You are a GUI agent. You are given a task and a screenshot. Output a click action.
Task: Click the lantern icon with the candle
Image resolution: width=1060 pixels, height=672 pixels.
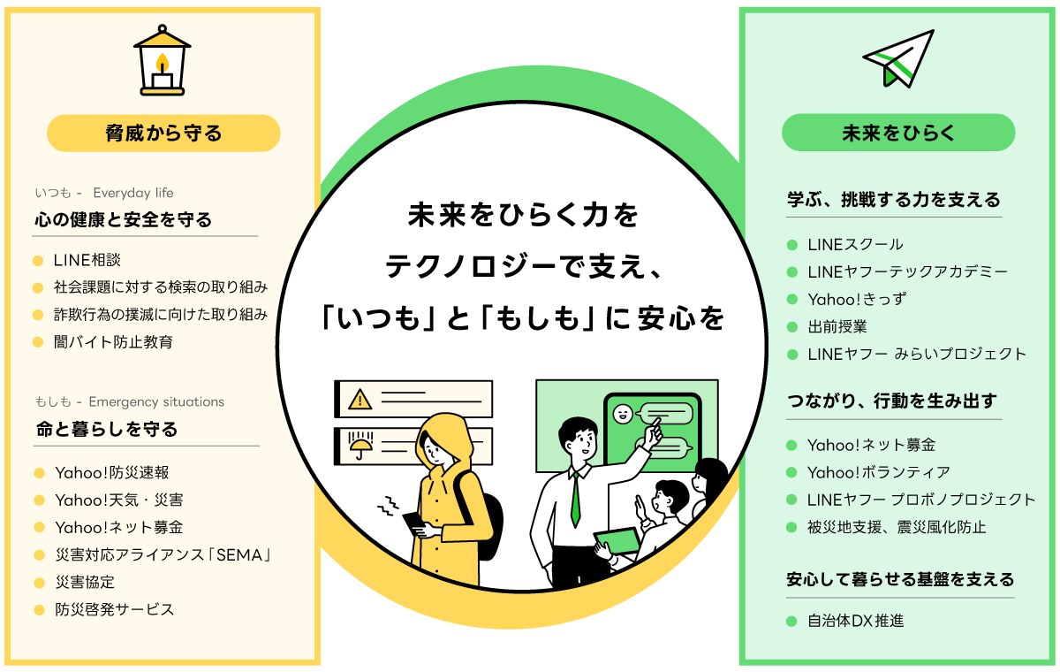coord(163,59)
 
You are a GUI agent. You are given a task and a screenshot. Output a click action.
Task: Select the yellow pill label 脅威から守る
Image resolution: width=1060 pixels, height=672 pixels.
coord(163,134)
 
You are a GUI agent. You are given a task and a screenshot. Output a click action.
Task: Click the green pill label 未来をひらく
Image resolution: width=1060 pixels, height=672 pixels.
coord(898,133)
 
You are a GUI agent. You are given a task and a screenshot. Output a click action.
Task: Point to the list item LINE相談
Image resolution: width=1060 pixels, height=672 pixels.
coord(87,260)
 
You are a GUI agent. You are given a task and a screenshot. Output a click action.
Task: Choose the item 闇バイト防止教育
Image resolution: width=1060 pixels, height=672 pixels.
coord(113,341)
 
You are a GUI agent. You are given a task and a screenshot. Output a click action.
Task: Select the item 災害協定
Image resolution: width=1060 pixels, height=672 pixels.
coord(85,582)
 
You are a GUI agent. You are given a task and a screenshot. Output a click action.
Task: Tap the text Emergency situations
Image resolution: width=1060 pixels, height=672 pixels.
coord(156,401)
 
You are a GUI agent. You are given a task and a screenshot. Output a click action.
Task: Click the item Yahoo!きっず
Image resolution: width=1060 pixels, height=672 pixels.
coord(844,299)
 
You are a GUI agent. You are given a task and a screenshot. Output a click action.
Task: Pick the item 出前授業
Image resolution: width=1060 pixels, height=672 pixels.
coord(837,326)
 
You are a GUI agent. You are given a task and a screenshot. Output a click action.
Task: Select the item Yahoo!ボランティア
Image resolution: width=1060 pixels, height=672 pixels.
coord(878,472)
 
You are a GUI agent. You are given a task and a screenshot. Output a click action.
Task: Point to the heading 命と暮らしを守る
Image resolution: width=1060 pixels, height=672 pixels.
coord(107,429)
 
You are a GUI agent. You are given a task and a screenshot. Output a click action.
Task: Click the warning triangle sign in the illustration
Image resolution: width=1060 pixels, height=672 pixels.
coord(360,400)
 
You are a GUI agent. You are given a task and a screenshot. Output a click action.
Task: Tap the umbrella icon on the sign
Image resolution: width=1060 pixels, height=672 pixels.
coord(360,446)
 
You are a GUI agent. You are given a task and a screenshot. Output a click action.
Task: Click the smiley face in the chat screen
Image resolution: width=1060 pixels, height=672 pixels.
coord(623,413)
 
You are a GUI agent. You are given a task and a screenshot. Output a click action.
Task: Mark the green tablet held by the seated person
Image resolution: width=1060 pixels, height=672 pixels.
coord(616,538)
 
